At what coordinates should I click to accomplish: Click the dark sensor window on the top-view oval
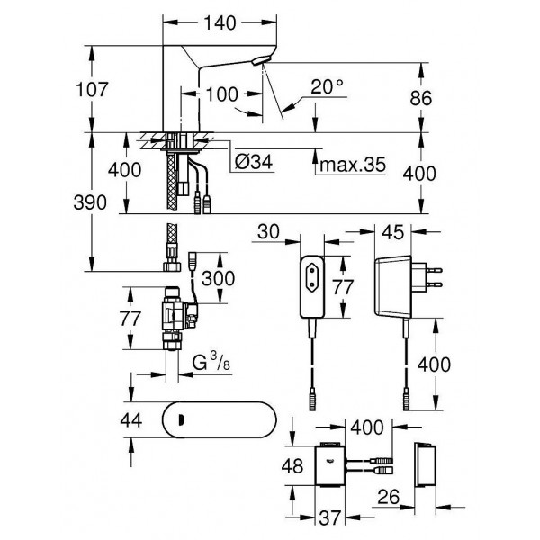[x=183, y=418]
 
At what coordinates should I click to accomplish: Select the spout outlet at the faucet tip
[x=260, y=62]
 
